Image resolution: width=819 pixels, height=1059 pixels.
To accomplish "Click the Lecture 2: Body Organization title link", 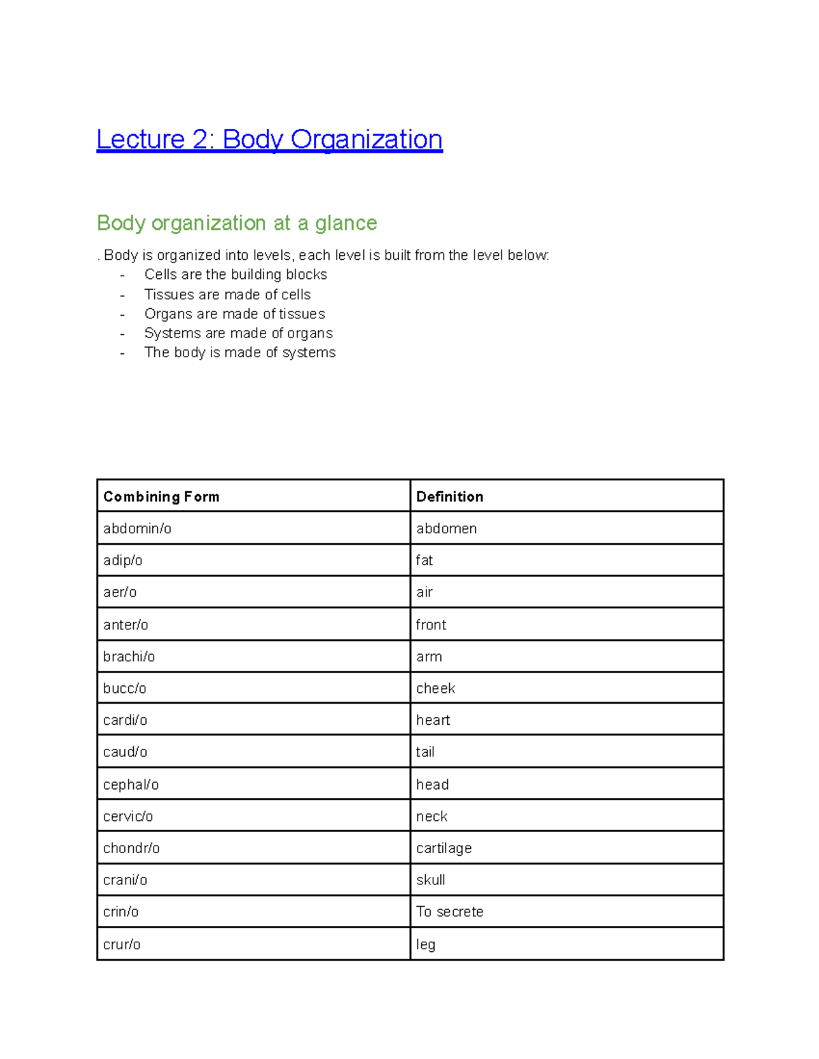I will pyautogui.click(x=269, y=139).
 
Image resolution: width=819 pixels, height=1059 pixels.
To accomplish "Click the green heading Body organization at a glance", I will pyautogui.click(x=237, y=223).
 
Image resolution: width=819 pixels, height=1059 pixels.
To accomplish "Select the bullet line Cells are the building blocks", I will pyautogui.click(x=235, y=274).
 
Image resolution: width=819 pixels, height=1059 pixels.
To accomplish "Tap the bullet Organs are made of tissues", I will pyautogui.click(x=235, y=314).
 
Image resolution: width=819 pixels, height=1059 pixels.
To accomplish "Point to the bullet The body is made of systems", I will pyautogui.click(x=240, y=353).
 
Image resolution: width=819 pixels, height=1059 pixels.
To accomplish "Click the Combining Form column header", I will pyautogui.click(x=161, y=496).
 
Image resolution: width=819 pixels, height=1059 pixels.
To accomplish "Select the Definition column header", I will pyautogui.click(x=450, y=496).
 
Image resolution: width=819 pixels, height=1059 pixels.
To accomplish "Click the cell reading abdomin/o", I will pyautogui.click(x=137, y=528).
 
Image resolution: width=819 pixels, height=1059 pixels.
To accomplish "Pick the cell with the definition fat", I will pyautogui.click(x=425, y=561).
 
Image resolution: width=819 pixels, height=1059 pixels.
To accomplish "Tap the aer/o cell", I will pyautogui.click(x=120, y=592).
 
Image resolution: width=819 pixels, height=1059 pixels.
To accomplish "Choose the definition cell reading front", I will pyautogui.click(x=431, y=625).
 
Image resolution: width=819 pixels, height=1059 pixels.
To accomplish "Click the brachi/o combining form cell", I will pyautogui.click(x=129, y=657).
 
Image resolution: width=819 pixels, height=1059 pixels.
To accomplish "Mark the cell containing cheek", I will pyautogui.click(x=435, y=688).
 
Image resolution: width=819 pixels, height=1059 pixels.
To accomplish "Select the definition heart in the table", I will pyautogui.click(x=433, y=720).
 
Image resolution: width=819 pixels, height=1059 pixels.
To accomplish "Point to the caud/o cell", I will pyautogui.click(x=125, y=752).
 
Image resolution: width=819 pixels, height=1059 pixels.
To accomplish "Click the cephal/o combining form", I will pyautogui.click(x=131, y=785).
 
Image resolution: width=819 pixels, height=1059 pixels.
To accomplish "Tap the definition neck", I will pyautogui.click(x=432, y=816).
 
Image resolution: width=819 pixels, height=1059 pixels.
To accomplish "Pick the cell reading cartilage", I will pyautogui.click(x=444, y=848).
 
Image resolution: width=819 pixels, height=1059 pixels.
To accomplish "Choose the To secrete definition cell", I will pyautogui.click(x=450, y=912).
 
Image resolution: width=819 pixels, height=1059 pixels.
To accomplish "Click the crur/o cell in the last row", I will pyautogui.click(x=122, y=944).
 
